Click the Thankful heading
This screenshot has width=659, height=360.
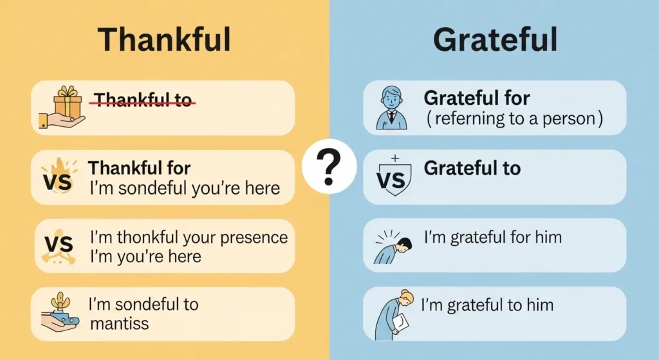(163, 40)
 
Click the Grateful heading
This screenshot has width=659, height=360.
(494, 40)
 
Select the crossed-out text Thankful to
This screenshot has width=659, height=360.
(144, 100)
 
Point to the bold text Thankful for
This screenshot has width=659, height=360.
(139, 168)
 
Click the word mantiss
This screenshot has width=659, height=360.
(119, 323)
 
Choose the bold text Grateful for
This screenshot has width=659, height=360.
(476, 99)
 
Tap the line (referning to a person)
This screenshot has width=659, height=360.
(514, 119)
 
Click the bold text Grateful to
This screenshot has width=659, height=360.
(472, 168)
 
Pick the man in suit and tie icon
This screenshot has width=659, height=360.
(391, 108)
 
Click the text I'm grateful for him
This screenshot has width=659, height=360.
(492, 237)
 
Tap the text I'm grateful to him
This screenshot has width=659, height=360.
(487, 305)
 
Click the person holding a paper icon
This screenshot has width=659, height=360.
(394, 313)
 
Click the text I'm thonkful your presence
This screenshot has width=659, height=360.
(189, 237)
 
